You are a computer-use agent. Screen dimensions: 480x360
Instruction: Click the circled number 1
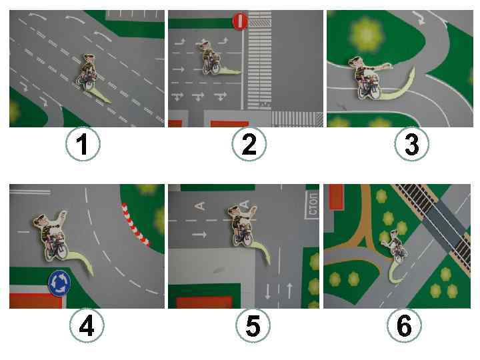coord(83,144)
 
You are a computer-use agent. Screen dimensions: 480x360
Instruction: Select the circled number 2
coord(249,144)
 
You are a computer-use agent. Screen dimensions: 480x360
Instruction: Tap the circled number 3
coord(411,144)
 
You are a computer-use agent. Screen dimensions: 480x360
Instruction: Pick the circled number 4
coord(87,325)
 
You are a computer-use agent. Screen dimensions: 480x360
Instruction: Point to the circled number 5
coord(253,325)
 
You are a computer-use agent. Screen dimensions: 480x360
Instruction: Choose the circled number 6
coord(404,325)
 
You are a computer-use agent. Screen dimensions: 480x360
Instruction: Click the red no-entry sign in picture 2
coord(240,21)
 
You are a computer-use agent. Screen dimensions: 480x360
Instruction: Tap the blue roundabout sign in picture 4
coord(59,283)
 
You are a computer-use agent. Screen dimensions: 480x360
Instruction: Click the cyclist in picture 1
coord(87,72)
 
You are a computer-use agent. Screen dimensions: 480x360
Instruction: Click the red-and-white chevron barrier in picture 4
coord(135,225)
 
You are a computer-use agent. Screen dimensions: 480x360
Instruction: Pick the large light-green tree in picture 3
coord(366,34)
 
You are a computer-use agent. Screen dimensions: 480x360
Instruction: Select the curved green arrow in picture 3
coord(398,87)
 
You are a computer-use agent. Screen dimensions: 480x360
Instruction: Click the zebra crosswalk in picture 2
coord(259,61)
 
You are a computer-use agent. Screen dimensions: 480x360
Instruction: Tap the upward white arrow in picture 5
coord(289,291)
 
